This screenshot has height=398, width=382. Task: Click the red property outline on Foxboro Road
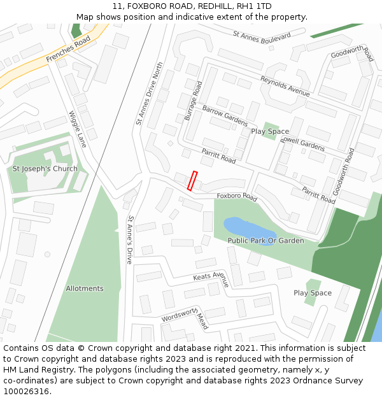coord(193,181)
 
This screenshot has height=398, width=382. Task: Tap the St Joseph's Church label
coord(45,169)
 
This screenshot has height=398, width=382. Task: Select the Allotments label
coord(85,288)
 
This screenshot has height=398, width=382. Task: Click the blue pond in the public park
coord(245,229)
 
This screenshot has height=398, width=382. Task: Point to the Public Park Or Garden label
coord(265,241)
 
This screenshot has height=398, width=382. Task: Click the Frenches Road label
coord(68,49)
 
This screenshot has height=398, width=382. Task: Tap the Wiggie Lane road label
coord(77,129)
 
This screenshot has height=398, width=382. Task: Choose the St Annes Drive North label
coord(149,93)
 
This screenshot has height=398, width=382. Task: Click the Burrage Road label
coord(193,101)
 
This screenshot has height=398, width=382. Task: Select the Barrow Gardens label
coord(225,115)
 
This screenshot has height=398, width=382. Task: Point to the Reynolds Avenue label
coord(285,86)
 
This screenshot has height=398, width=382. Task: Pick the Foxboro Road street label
coord(237,197)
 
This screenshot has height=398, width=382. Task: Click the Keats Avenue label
coord(211,278)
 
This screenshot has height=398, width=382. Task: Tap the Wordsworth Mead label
coord(185,317)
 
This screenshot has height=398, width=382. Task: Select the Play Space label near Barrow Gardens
coord(269,131)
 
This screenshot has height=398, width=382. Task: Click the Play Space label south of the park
coord(312,293)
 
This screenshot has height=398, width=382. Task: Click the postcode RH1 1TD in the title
coord(254,6)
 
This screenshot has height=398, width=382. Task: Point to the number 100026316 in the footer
coord(26,392)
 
